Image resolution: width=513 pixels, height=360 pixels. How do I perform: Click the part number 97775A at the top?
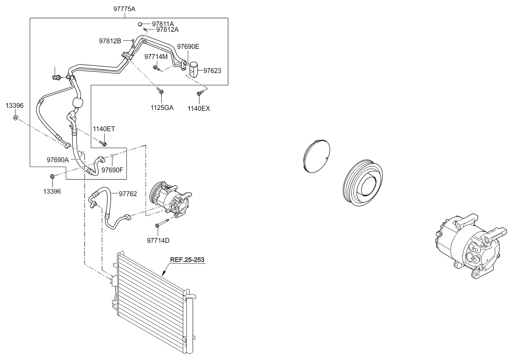pos(124,9)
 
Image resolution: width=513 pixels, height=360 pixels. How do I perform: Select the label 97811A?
pos(163,24)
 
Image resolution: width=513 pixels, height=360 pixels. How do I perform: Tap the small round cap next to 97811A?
pos(140,24)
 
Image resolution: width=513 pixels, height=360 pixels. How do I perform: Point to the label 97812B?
pos(110,41)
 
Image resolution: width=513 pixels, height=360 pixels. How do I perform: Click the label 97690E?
pos(188,47)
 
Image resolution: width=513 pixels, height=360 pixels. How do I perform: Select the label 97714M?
pos(156,56)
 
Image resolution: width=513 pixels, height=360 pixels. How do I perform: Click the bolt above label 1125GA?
pos(160,91)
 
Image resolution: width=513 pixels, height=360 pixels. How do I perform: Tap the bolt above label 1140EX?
pos(200,93)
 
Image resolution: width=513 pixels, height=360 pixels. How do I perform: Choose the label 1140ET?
pos(104,129)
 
